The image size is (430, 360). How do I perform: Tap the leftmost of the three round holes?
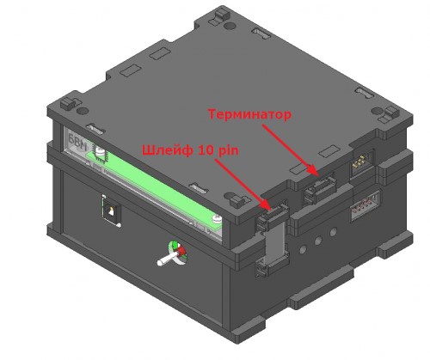coord(304,249)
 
